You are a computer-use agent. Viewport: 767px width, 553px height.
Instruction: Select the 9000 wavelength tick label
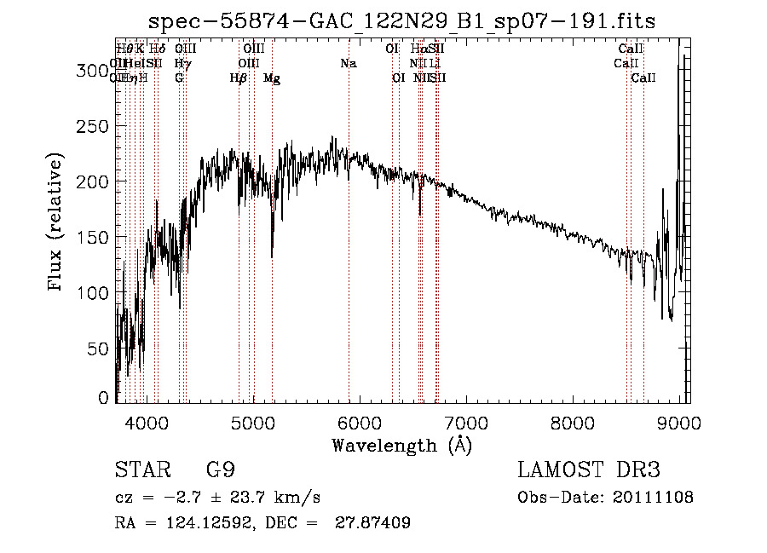point(679,422)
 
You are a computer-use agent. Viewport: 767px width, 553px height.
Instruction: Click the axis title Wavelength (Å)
point(401,445)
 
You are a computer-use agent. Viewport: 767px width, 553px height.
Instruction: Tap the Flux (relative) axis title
point(57,224)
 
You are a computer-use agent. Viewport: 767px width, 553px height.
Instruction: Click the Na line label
point(348,64)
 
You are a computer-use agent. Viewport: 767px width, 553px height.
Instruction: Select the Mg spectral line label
point(272,78)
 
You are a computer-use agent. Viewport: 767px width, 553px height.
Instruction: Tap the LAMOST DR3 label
point(589,470)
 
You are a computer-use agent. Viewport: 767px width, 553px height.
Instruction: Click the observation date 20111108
point(656,498)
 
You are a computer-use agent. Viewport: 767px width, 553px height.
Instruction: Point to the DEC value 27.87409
point(375,523)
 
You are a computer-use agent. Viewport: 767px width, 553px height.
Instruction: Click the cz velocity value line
point(217,498)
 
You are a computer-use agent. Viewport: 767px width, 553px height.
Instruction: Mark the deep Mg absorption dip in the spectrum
point(272,254)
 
